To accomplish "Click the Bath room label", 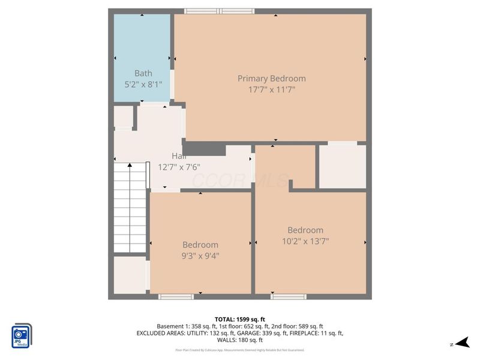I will [x=143, y=73].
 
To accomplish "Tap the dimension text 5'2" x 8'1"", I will [x=143, y=85].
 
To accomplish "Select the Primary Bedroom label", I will [x=271, y=79].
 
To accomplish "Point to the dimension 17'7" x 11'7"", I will [x=271, y=89].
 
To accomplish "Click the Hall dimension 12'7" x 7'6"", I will [x=179, y=167].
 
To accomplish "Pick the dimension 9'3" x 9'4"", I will [x=200, y=256].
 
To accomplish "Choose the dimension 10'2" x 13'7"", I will [x=305, y=241].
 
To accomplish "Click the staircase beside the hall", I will [x=130, y=207].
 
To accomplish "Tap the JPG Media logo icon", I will [x=22, y=336].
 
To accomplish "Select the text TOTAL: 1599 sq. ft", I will [x=239, y=319].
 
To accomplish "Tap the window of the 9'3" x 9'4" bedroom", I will [x=176, y=296].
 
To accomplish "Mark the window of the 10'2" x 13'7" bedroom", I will [x=288, y=296].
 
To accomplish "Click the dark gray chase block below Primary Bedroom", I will [x=203, y=149].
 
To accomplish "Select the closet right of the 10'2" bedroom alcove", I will [x=342, y=166].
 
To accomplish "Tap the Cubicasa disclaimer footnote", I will [x=239, y=350].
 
